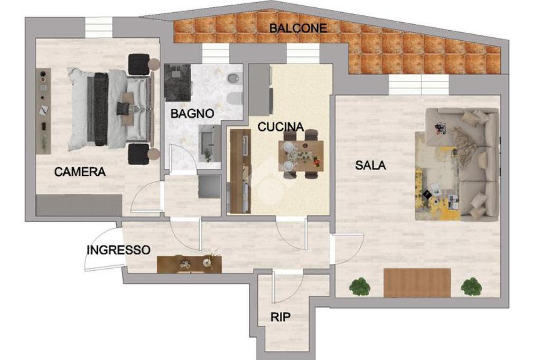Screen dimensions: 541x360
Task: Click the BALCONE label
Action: (298, 28)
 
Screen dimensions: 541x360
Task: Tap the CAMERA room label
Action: (80, 172)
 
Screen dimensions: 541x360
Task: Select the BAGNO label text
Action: (192, 113)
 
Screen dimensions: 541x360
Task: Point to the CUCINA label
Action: (281, 127)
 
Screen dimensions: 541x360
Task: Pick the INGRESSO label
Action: (118, 250)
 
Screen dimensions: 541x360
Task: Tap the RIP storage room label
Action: (280, 317)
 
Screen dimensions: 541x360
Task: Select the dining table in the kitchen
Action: (301, 156)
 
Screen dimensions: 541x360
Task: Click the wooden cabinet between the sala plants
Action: (417, 282)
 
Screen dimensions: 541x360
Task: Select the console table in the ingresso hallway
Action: (189, 264)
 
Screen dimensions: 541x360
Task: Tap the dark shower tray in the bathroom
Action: (178, 83)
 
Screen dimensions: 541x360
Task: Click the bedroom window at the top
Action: (99, 27)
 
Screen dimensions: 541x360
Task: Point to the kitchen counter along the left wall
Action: (240, 170)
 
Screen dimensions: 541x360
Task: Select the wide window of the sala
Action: (418, 84)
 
